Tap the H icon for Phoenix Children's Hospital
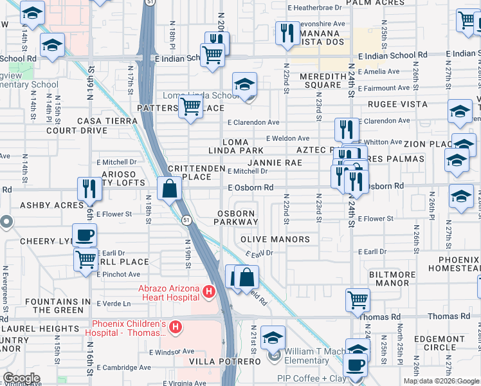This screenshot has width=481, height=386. tap(175, 329)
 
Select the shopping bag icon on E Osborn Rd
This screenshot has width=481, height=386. tap(170, 189)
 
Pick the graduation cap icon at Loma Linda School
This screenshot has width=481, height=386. tap(244, 84)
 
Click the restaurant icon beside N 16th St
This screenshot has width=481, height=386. tap(89, 188)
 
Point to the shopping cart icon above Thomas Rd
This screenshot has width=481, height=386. tap(358, 299)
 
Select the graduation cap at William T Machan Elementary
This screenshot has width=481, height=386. tap(273, 337)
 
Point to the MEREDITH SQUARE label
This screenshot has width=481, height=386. tap(320, 80)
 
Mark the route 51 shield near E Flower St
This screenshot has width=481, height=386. tap(186, 220)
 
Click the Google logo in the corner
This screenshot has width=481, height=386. tap(21, 378)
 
